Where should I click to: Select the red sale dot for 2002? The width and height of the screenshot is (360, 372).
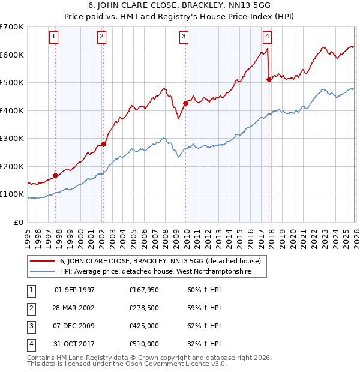[103, 144]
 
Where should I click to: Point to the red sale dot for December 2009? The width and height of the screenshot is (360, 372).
[185, 103]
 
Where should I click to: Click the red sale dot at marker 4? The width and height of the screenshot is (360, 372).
[269, 80]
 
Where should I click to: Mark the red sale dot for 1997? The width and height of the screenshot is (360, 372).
[55, 175]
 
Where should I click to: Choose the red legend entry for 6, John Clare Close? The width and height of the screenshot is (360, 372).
[160, 261]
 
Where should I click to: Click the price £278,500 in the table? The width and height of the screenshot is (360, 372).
[143, 308]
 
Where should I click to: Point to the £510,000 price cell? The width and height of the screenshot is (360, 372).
[143, 344]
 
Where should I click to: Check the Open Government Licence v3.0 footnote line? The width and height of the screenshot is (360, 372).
[127, 364]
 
